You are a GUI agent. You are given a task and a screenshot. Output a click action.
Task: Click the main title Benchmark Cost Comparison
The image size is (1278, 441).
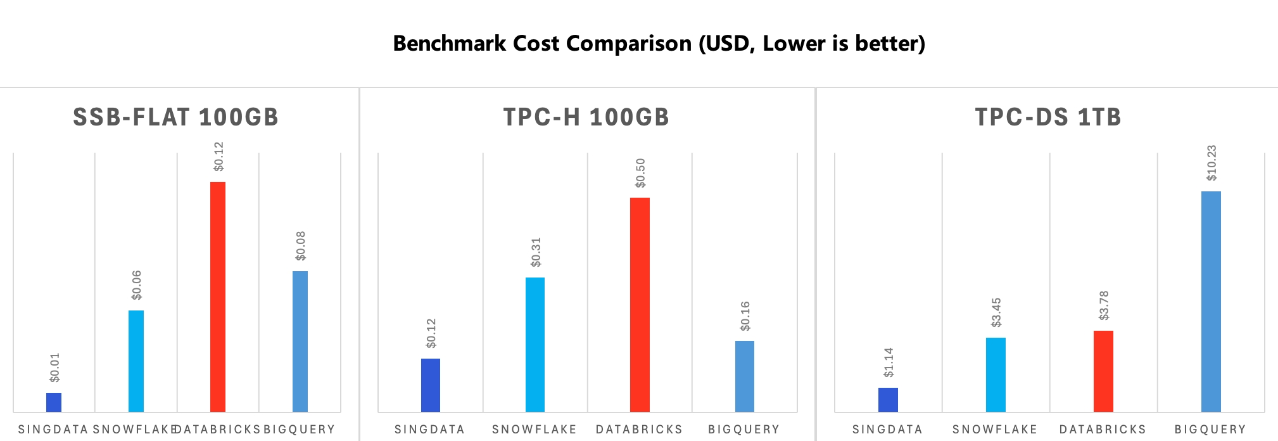(x=659, y=43)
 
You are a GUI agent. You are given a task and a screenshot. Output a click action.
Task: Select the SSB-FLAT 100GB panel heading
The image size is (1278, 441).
(x=176, y=117)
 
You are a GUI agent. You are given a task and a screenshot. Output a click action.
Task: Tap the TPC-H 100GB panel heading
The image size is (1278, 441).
(x=586, y=117)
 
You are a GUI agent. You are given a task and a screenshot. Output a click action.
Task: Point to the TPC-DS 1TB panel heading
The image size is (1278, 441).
(x=1048, y=117)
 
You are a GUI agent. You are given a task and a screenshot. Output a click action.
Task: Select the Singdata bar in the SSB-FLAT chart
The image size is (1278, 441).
(x=54, y=402)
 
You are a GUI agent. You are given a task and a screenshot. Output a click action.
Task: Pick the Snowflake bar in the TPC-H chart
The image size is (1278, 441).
(x=535, y=345)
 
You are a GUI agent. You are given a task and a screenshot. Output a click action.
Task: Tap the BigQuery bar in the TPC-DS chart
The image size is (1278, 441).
(x=1211, y=302)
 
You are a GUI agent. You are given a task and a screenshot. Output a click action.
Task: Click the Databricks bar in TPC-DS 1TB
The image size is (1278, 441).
(x=1103, y=371)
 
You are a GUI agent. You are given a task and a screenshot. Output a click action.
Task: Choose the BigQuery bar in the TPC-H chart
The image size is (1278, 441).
(x=745, y=376)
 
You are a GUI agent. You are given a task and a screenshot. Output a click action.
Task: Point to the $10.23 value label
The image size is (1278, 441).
(x=1212, y=163)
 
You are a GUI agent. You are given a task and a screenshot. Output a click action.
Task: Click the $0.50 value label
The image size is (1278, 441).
(x=640, y=173)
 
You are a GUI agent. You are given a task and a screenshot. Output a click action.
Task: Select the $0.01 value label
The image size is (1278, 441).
(x=54, y=367)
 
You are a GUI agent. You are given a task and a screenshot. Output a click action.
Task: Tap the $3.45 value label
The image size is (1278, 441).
(x=996, y=312)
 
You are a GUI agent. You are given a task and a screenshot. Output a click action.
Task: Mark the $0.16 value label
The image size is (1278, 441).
(x=745, y=316)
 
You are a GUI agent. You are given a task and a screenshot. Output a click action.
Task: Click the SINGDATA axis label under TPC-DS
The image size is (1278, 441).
(x=887, y=430)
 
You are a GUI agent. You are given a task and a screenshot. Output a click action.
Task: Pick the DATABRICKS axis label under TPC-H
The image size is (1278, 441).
(x=639, y=430)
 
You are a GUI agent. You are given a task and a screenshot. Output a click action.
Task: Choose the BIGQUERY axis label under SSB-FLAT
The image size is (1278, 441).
(x=300, y=430)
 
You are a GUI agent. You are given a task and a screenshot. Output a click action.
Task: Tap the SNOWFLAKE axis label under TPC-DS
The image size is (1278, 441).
(x=995, y=430)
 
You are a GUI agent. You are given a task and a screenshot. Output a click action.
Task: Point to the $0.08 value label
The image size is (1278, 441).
(x=301, y=246)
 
